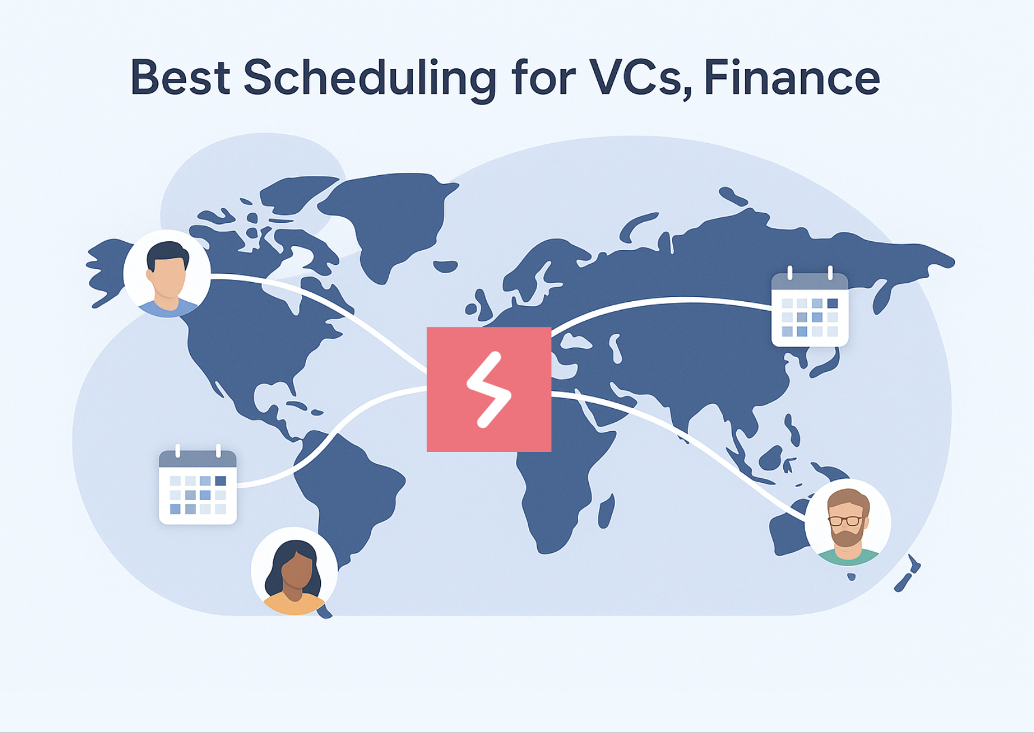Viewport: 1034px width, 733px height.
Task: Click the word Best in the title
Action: tap(180, 77)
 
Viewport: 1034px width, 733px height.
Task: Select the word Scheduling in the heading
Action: tap(370, 79)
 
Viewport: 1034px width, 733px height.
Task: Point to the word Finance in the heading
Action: tap(792, 77)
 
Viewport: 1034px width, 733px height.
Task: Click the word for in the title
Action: tap(543, 77)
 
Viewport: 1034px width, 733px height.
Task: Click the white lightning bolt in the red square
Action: tap(488, 390)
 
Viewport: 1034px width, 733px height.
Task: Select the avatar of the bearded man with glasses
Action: tap(848, 522)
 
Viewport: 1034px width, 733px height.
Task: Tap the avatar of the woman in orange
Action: tap(294, 571)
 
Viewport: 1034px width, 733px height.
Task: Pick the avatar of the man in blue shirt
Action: tap(167, 274)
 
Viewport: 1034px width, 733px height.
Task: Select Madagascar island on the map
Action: tap(606, 511)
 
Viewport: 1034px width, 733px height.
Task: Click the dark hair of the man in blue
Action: tap(168, 252)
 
